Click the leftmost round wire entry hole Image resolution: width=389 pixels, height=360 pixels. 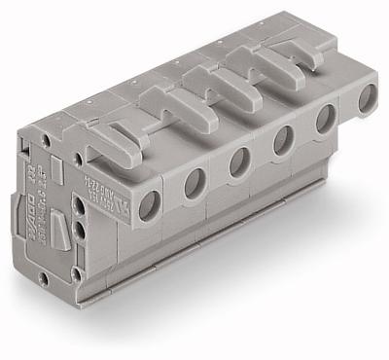tap(149, 203)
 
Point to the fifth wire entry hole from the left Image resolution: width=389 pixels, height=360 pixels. tap(326, 119)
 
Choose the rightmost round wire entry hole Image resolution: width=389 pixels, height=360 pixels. tap(368, 98)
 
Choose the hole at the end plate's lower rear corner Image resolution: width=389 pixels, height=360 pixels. tap(43, 276)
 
